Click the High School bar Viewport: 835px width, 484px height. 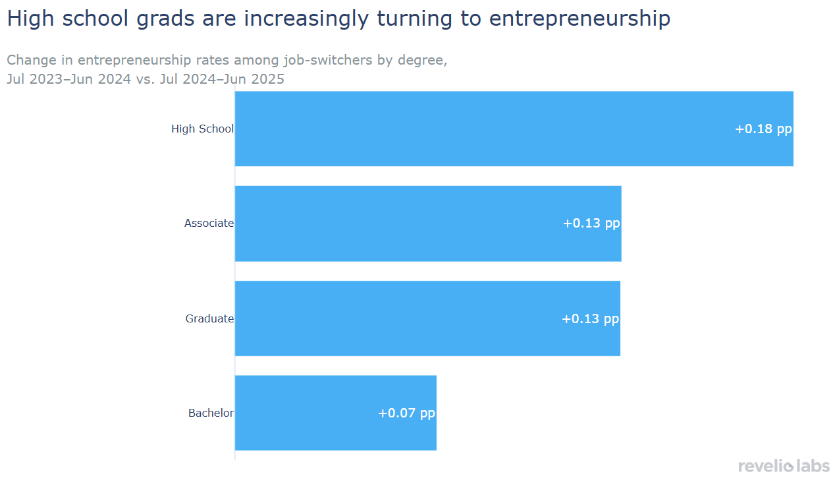click(514, 129)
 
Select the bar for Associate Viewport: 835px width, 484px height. click(428, 224)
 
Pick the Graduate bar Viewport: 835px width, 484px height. click(427, 318)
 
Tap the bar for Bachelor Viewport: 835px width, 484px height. click(335, 413)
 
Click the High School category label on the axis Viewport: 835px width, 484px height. click(202, 129)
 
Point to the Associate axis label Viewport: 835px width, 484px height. click(209, 224)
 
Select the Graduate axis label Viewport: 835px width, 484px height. click(209, 319)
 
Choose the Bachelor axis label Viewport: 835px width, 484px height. click(211, 413)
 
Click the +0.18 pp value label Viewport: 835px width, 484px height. click(763, 129)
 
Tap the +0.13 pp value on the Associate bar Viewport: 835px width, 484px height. click(591, 224)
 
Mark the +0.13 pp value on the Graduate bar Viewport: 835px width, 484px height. click(590, 319)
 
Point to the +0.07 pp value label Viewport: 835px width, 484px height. click(406, 413)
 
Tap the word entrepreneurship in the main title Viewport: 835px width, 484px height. click(579, 19)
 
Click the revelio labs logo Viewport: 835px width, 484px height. click(784, 466)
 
